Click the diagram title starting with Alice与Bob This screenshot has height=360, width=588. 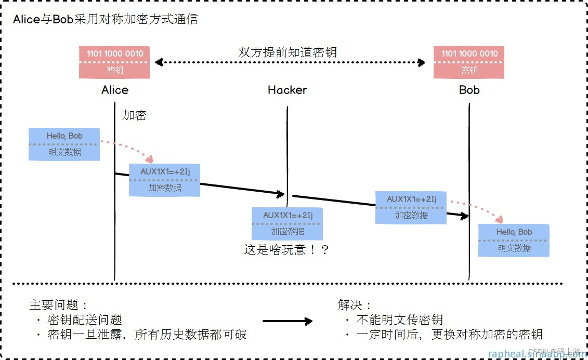coord(106,20)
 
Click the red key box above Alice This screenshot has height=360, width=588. coord(114,62)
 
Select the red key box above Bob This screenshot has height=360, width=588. coord(469,62)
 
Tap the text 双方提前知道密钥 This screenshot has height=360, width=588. coord(288,52)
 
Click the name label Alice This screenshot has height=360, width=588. coord(115,90)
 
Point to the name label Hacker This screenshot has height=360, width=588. coord(287,90)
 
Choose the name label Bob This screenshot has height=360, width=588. coord(469,90)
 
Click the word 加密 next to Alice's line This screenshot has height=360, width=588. coord(134,115)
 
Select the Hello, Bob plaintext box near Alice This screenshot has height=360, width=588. coord(64,144)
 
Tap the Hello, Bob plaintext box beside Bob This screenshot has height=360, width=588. coord(514,240)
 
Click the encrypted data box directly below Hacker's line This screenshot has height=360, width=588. coord(287,223)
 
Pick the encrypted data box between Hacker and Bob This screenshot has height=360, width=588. coord(411,207)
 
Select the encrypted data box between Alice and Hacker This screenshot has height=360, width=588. coord(164,180)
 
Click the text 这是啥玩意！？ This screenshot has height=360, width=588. coord(286,250)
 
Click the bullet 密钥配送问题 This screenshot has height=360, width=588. coord(84,319)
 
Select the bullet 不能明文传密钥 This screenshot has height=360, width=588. coord(399,319)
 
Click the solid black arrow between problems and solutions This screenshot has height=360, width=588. coord(288,321)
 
